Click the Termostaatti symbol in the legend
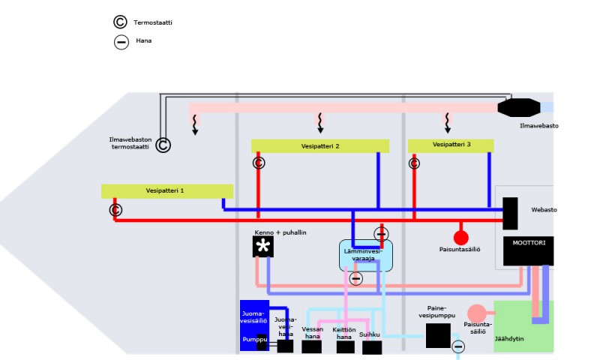121,22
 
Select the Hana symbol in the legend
121,42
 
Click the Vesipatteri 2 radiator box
319,146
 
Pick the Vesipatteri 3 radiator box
451,145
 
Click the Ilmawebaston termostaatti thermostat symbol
163,145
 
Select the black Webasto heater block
511,214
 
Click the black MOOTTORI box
528,251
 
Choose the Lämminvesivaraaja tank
365,255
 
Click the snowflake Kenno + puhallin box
262,246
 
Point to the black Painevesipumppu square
437,335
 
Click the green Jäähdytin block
523,326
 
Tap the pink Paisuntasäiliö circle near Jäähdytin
476,313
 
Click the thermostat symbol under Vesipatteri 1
115,209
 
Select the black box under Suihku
372,347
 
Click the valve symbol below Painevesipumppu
457,346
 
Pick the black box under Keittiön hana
345,347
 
